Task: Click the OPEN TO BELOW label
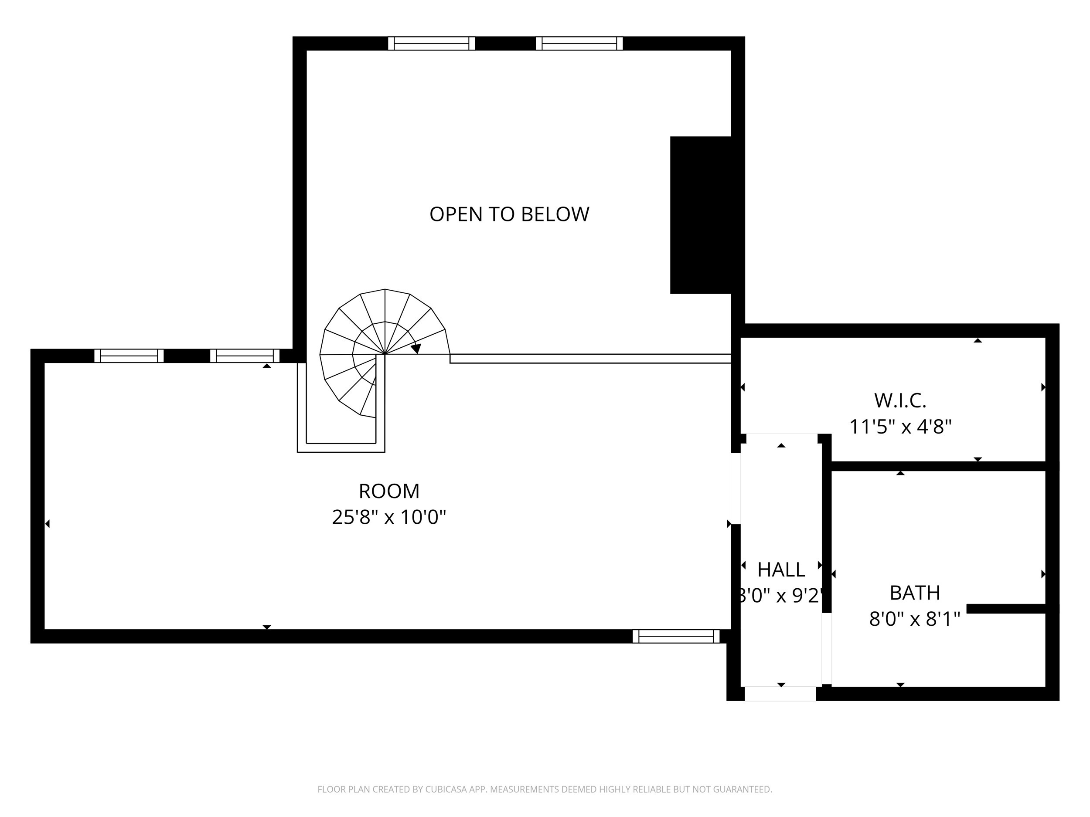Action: point(509,214)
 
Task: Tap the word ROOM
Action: point(389,491)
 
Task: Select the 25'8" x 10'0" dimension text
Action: point(389,517)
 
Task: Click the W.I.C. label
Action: point(900,400)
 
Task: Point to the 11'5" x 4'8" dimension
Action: point(900,427)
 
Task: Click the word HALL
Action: point(780,570)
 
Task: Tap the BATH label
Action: point(915,593)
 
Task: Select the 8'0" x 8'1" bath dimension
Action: point(915,619)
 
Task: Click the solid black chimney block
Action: point(700,215)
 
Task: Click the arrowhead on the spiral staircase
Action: point(416,348)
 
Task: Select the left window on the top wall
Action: point(431,43)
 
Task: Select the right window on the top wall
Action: point(579,43)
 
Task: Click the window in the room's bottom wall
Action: point(676,636)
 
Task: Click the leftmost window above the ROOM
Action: point(129,356)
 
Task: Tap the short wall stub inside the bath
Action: point(1005,609)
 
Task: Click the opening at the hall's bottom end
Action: point(780,693)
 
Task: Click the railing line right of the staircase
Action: point(590,359)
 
